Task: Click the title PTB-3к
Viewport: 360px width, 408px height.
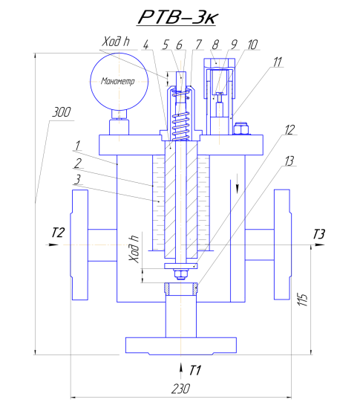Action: click(177, 18)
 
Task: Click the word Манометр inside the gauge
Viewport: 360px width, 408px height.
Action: click(118, 82)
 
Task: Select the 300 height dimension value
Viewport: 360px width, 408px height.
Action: click(62, 112)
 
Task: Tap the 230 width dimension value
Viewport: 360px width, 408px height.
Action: click(180, 389)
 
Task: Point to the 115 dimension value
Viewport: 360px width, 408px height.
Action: click(303, 299)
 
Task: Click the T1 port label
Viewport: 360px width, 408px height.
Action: click(194, 370)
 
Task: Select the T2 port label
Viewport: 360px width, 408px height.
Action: click(58, 233)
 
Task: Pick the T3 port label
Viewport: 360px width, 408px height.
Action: click(319, 234)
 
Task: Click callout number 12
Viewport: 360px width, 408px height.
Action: click(289, 129)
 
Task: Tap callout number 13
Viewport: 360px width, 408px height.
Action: click(289, 161)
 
